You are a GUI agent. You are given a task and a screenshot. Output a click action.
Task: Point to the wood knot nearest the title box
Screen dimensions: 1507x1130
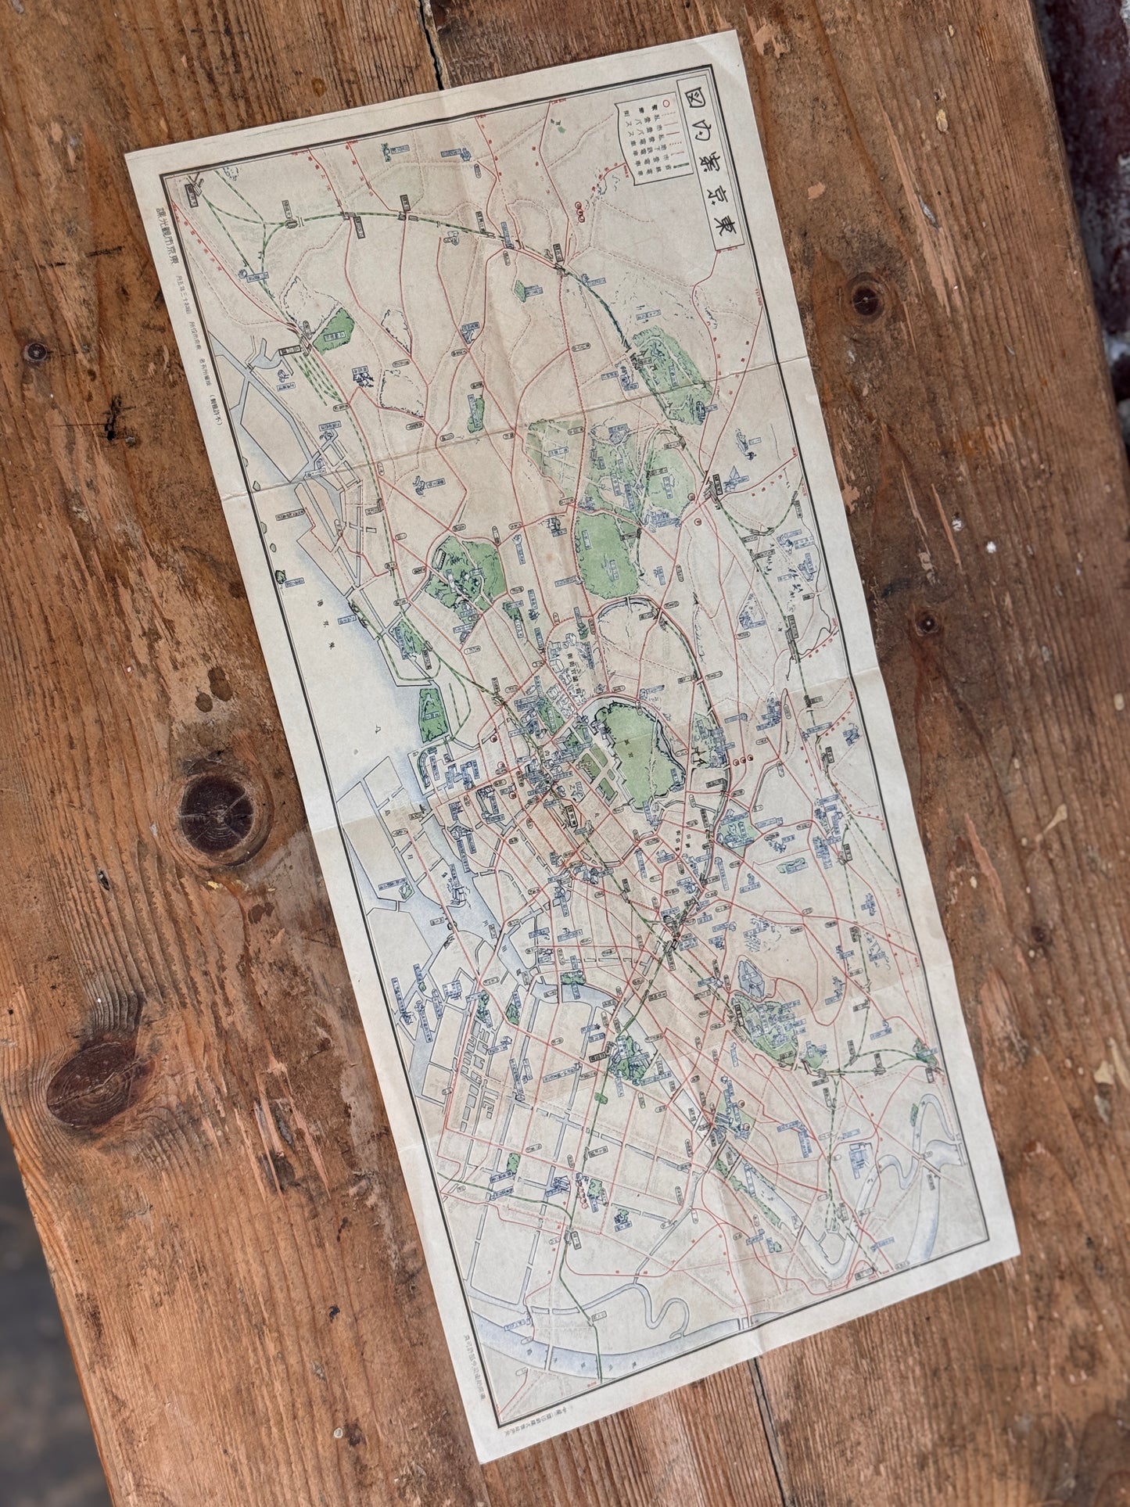(x=864, y=299)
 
